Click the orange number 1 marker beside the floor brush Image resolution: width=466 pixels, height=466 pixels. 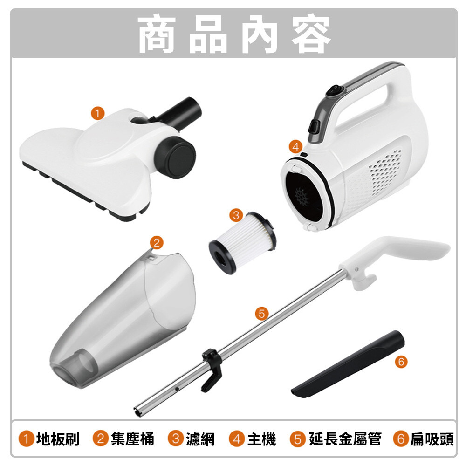[98, 113]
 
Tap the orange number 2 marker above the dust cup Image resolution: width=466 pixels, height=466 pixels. [157, 242]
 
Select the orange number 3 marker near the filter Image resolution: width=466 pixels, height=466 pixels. [236, 215]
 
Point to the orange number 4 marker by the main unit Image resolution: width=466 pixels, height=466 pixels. [296, 146]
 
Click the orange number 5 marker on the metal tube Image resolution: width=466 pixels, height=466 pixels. [262, 314]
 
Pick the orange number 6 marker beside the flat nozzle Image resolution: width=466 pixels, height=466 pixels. [401, 362]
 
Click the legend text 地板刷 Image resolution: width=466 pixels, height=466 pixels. [58, 439]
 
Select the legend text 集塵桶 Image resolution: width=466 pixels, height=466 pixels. [132, 439]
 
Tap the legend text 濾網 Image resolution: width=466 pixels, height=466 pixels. [200, 439]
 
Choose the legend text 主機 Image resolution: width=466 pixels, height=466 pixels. [261, 439]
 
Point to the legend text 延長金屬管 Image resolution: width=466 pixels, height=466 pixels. [345, 439]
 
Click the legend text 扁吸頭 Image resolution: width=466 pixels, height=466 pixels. [432, 439]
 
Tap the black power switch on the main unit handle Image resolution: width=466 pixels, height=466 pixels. [336, 91]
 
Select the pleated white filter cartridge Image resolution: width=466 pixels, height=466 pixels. [242, 243]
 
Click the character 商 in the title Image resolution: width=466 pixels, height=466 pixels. [157, 34]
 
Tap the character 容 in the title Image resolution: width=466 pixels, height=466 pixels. [311, 34]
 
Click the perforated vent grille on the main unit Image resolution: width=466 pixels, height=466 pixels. [385, 172]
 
